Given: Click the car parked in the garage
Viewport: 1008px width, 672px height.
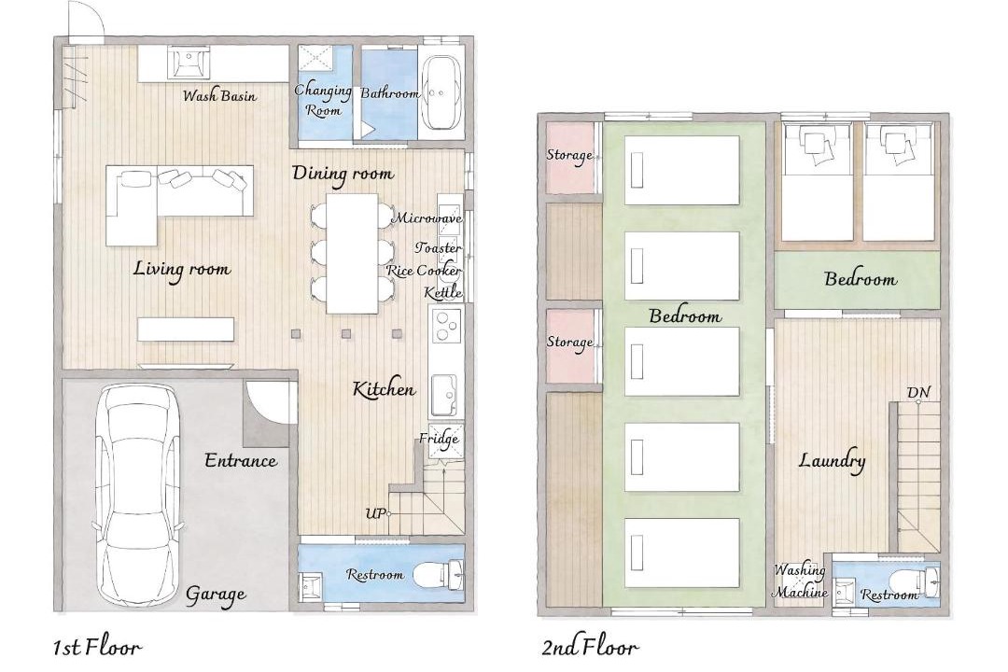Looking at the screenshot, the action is click(137, 495).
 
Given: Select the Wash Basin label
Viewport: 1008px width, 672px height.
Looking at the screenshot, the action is click(219, 96).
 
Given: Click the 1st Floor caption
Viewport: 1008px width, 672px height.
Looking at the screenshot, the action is click(96, 647).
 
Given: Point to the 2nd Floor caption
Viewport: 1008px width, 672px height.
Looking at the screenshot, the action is click(590, 647).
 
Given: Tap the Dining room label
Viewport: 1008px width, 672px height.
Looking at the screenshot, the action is click(343, 174).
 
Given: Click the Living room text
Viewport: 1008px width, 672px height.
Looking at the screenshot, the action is click(182, 269).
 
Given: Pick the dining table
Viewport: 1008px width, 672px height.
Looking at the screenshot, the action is click(352, 253).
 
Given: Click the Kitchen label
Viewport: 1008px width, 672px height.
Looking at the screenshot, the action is click(384, 389).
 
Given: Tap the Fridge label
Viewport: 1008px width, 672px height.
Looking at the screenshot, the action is click(439, 440).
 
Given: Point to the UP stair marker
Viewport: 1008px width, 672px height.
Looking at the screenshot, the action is click(376, 513).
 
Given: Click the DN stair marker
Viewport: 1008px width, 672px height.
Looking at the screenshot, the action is click(918, 392).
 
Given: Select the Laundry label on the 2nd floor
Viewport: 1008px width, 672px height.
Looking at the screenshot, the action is click(832, 461).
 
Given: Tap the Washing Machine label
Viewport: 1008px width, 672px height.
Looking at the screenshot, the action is click(800, 581).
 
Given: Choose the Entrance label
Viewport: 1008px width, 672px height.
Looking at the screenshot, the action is click(241, 460).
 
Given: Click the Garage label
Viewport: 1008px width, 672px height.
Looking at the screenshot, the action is click(216, 595).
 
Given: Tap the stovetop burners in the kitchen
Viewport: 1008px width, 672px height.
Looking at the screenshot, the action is click(446, 325).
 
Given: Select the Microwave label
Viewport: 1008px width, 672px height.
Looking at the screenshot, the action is click(427, 218).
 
